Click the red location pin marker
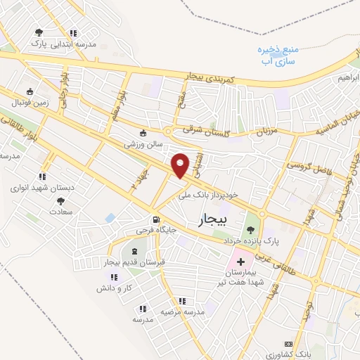click(x=181, y=165)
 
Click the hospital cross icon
click(x=240, y=261)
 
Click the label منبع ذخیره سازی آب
click(x=278, y=56)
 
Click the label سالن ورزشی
click(x=143, y=143)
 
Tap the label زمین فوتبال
click(x=30, y=103)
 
